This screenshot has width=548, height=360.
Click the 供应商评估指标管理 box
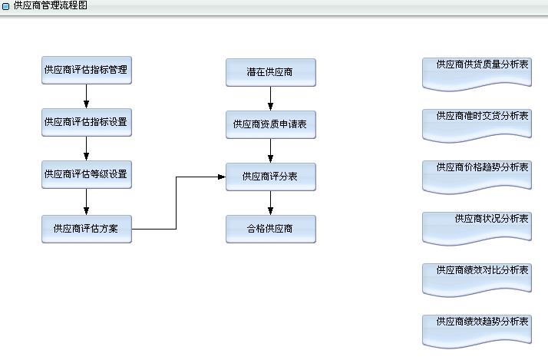pyautogui.click(x=86, y=70)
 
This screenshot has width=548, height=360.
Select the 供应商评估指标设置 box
pyautogui.click(x=86, y=122)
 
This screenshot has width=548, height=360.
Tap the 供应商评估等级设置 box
pyautogui.click(x=86, y=174)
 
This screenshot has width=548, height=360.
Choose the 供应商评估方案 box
pyautogui.click(x=86, y=228)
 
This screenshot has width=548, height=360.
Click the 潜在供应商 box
pyautogui.click(x=270, y=72)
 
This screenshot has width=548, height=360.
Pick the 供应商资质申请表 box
pyautogui.click(x=270, y=124)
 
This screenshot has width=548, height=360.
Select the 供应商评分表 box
pyautogui.click(x=270, y=177)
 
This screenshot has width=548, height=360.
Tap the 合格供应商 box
pyautogui.click(x=270, y=229)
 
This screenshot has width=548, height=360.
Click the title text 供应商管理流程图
pyautogui.click(x=51, y=5)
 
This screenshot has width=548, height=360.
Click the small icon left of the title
pyautogui.click(x=6, y=6)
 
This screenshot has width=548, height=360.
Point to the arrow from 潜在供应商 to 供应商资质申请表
pyautogui.click(x=270, y=98)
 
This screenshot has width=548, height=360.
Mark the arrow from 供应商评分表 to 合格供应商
pyautogui.click(x=270, y=203)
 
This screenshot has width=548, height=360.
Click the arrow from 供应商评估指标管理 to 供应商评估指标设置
pyautogui.click(x=86, y=96)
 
